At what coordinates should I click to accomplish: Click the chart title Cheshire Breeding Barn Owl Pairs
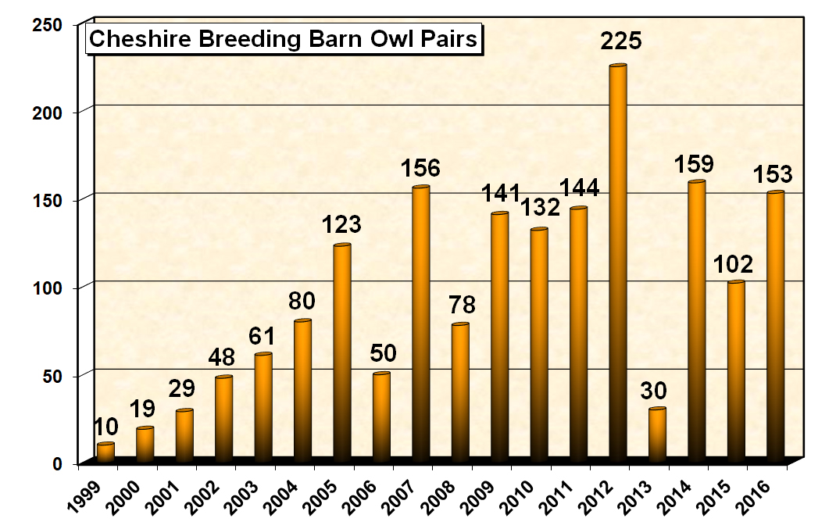point(282,39)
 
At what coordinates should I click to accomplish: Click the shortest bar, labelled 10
point(105,452)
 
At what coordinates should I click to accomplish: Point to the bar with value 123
point(342,352)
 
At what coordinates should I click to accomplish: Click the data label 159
point(697,166)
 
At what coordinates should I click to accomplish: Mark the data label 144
point(578,188)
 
